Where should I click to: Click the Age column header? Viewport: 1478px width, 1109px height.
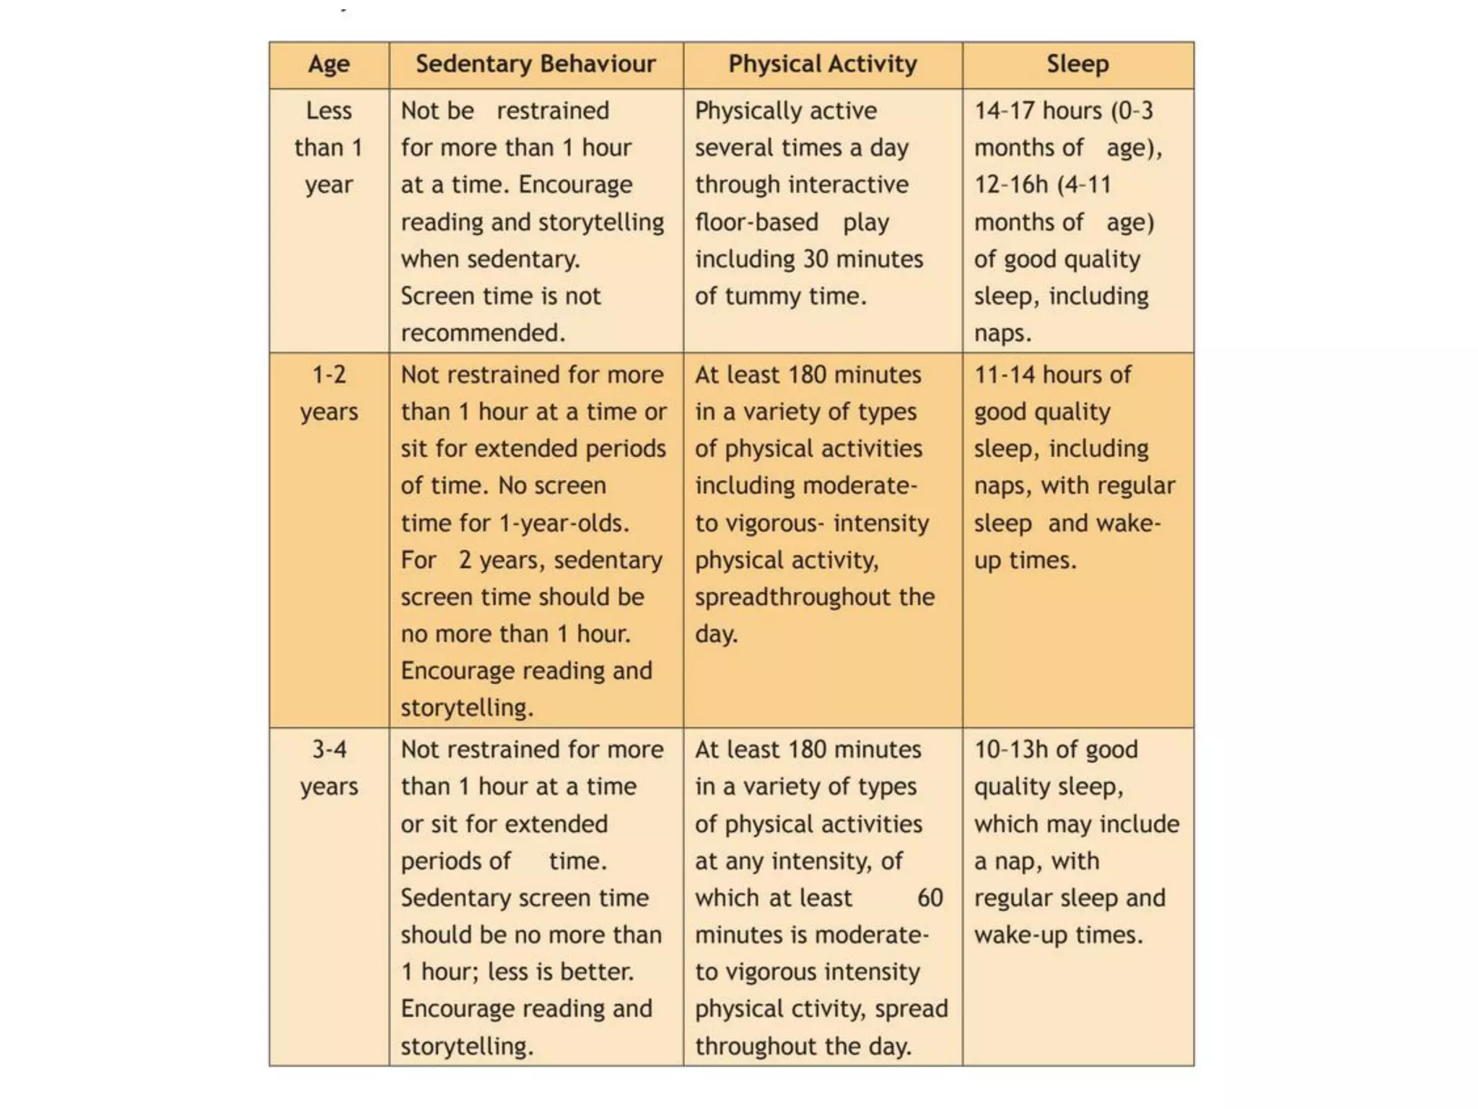coord(328,64)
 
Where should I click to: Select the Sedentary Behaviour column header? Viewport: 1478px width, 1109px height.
coord(535,64)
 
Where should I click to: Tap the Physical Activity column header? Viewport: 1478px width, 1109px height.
coord(822,64)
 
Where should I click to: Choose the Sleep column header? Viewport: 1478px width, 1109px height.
coord(1077,64)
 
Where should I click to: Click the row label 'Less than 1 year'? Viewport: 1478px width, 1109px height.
coord(328,147)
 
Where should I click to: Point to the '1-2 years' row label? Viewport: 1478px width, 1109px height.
coord(328,393)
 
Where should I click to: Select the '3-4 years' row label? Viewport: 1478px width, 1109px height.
coord(328,768)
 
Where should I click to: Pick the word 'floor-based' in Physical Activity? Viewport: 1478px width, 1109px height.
coord(756,222)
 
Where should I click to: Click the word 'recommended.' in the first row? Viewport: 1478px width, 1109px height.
coord(483,334)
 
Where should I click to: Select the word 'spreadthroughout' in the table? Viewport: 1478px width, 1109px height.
coord(792,598)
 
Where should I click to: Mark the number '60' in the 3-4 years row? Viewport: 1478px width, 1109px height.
coord(930,898)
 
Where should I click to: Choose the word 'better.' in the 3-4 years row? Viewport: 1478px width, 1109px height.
coord(597,973)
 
